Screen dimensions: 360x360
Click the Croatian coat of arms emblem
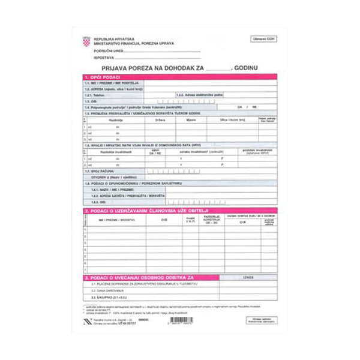coord(86,41)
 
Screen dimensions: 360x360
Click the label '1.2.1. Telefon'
coord(98,95)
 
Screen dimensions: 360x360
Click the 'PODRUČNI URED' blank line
coord(150,52)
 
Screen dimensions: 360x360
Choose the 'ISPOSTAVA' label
coord(104,58)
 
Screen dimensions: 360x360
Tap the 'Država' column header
coord(160,120)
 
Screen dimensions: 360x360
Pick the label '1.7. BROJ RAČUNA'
coord(99,171)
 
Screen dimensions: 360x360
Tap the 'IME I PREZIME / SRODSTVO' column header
coord(117,220)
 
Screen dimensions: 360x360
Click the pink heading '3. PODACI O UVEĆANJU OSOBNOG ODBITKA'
coord(140,278)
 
